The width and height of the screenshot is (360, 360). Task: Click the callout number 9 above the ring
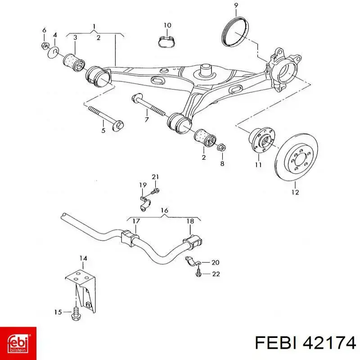pyautogui.click(x=236, y=5)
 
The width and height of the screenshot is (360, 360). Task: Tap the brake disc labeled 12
pyautogui.click(x=297, y=157)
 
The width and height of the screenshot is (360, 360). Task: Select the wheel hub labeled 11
pyautogui.click(x=262, y=141)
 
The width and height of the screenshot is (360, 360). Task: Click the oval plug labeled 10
pyautogui.click(x=167, y=41)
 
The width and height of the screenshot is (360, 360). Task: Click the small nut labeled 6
pyautogui.click(x=44, y=45)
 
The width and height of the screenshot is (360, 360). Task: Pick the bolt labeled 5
pyautogui.click(x=106, y=117)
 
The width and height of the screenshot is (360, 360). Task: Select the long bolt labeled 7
pyautogui.click(x=149, y=106)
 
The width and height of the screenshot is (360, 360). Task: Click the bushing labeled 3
pyautogui.click(x=74, y=63)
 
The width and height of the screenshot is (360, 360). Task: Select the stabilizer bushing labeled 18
pyautogui.click(x=193, y=242)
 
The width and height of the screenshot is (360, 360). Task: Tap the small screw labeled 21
pyautogui.click(x=156, y=190)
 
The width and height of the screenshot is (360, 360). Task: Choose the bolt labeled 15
pyautogui.click(x=75, y=313)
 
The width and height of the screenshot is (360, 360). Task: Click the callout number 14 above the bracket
pyautogui.click(x=83, y=258)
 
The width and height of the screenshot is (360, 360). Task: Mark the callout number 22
pyautogui.click(x=216, y=274)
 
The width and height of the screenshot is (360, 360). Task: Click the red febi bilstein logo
pyautogui.click(x=18, y=343)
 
